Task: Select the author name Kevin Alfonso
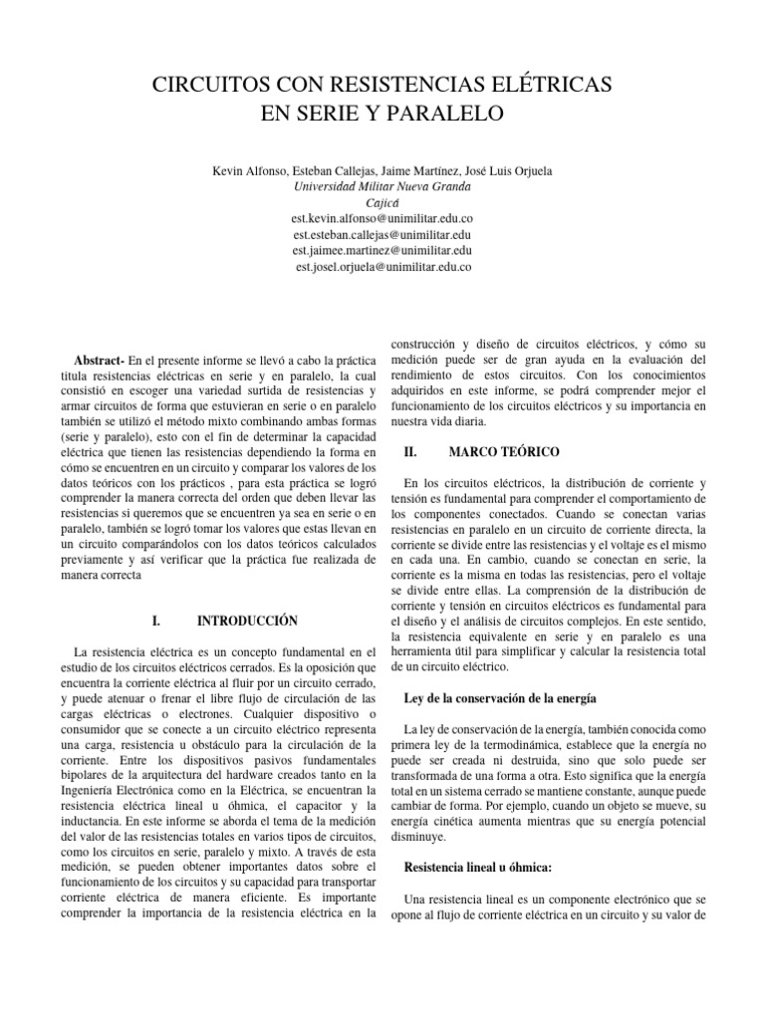[249, 171]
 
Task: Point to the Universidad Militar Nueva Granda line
[382, 186]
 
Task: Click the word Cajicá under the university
[382, 202]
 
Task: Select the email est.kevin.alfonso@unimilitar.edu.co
[382, 218]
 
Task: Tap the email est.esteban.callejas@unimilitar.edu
[382, 235]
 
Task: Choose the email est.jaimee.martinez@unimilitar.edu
[382, 251]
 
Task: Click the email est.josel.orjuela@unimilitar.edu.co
[382, 267]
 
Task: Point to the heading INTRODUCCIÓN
[248, 621]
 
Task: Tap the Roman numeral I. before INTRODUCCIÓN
[156, 621]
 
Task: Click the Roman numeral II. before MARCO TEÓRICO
[408, 452]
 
